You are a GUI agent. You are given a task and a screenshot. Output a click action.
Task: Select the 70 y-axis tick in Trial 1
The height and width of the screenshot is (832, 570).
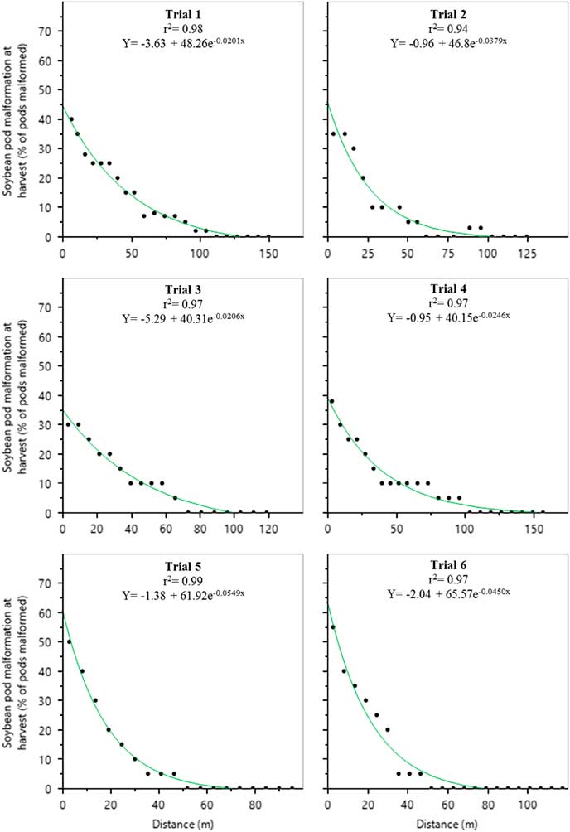click(51, 31)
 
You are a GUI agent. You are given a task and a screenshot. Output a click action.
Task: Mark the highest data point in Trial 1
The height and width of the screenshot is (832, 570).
click(71, 119)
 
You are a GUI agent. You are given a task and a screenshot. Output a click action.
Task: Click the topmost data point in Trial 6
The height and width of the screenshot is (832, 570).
click(333, 627)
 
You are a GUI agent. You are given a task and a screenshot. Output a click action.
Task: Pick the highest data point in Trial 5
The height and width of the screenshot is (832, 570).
click(69, 641)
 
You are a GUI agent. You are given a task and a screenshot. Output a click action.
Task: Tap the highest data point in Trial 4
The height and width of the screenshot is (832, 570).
click(331, 401)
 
